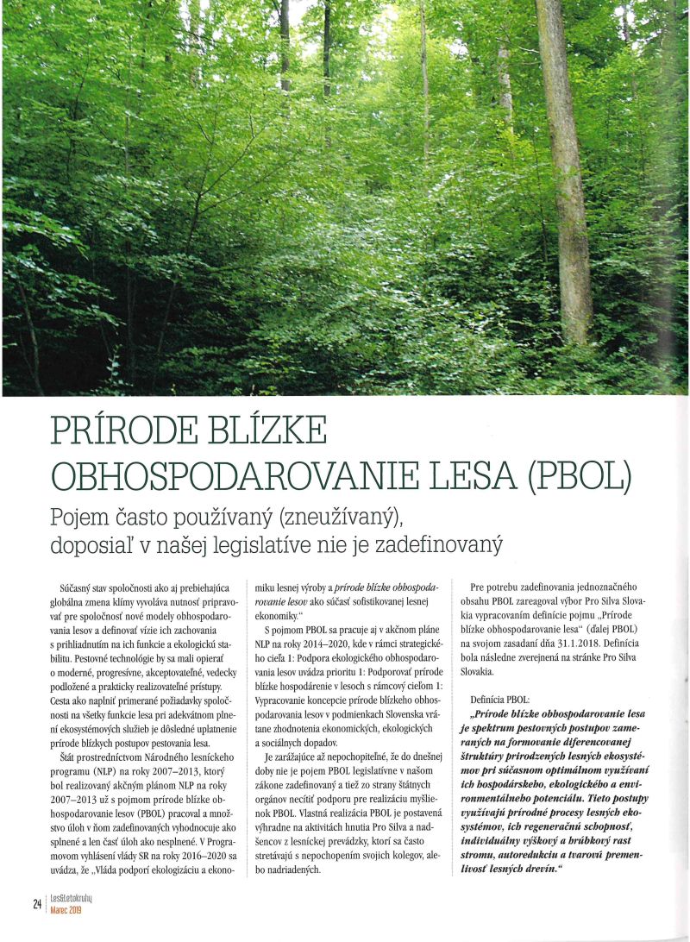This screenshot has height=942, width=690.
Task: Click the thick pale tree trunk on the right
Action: pos(565,173)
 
